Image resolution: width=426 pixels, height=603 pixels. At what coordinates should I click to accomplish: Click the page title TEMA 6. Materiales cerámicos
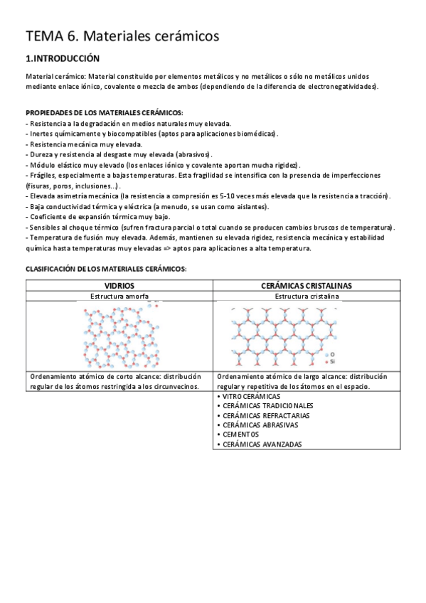122,35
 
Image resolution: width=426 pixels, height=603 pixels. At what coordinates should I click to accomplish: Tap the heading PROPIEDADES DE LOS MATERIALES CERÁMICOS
104,113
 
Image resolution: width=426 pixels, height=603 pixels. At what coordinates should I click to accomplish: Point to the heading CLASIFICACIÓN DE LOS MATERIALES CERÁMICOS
106,269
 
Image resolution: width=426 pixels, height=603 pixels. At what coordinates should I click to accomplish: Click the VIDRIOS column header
119,285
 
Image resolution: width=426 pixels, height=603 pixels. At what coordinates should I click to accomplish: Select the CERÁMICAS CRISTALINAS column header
307,285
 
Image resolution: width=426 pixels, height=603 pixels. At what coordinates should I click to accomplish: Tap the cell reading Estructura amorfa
119,295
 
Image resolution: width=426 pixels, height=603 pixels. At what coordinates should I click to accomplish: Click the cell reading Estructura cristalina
307,295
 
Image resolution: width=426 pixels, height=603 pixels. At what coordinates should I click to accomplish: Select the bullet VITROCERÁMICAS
251,396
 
